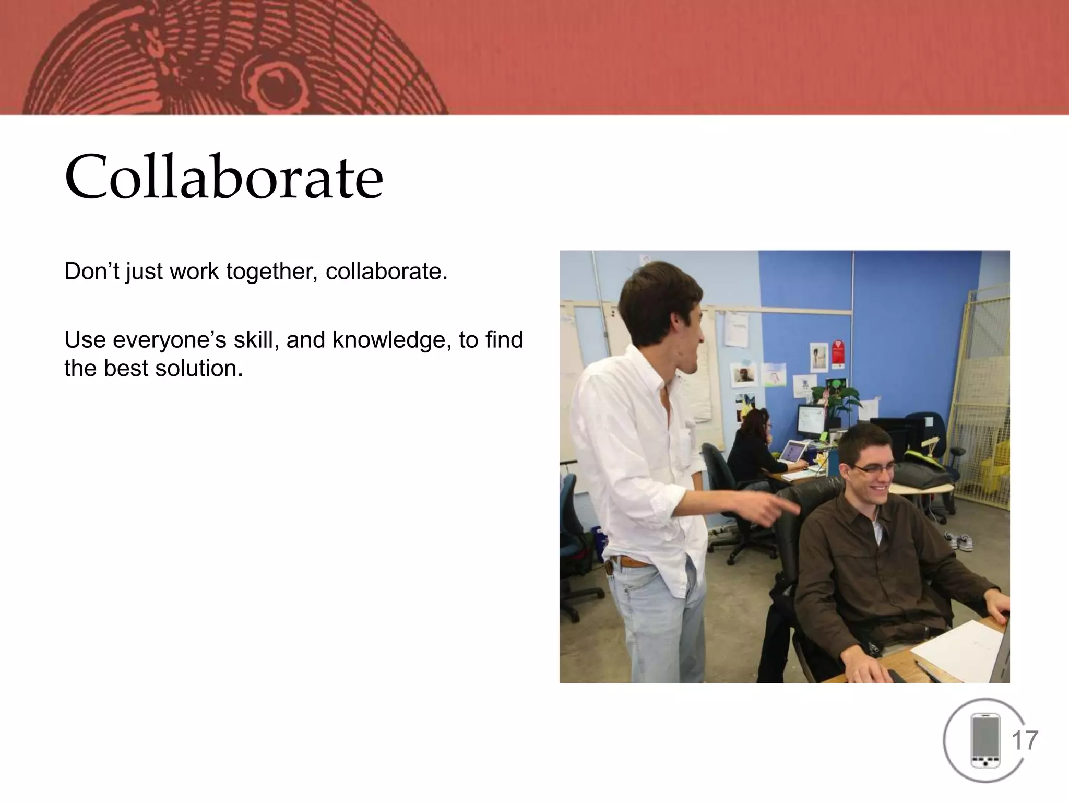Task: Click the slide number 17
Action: tap(1025, 741)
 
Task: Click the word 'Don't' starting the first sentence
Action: tap(92, 272)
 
